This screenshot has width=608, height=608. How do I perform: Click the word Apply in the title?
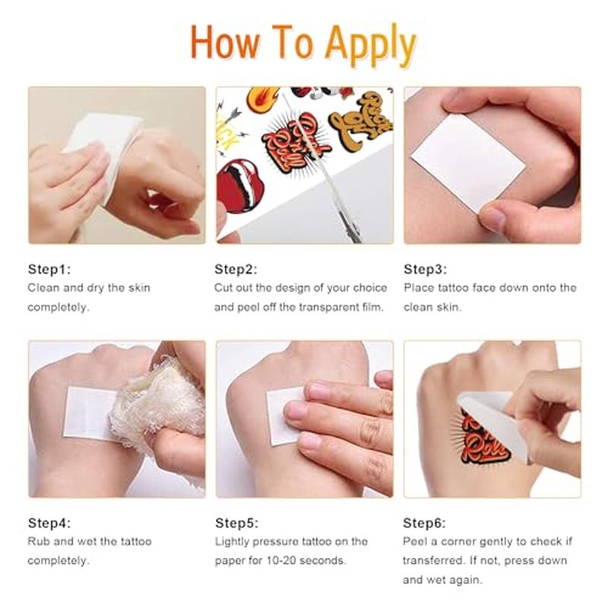click(x=370, y=45)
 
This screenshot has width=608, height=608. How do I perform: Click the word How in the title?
click(x=225, y=42)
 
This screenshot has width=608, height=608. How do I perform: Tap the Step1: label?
click(x=49, y=269)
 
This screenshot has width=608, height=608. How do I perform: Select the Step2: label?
click(x=236, y=269)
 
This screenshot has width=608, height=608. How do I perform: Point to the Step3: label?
click(x=425, y=269)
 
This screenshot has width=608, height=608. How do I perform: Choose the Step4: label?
click(x=49, y=523)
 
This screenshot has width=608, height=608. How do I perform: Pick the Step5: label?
click(x=236, y=523)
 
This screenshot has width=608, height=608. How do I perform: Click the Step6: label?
click(x=424, y=523)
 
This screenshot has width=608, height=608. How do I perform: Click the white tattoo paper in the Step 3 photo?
click(x=468, y=163)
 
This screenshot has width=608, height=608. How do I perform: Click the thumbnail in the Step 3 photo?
click(x=492, y=219)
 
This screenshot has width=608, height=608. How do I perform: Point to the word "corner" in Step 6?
click(x=458, y=542)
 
